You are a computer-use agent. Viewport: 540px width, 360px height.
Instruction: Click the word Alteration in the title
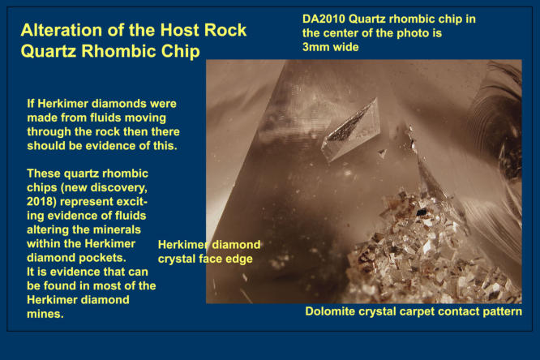coord(62,30)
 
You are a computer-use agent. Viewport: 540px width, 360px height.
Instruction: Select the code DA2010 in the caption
coord(324,19)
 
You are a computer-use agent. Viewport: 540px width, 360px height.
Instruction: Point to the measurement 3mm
coord(315,47)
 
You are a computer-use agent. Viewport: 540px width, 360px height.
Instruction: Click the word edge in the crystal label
coord(240,259)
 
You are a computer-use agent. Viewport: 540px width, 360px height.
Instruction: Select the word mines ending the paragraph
coord(45,314)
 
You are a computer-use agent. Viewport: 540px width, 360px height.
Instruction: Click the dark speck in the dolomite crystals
coord(422,212)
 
